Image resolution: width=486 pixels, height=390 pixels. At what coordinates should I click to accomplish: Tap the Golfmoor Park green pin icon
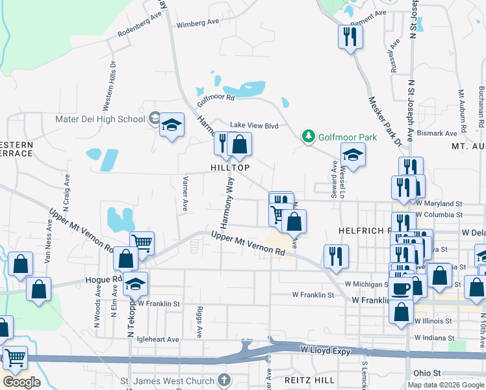[309, 137]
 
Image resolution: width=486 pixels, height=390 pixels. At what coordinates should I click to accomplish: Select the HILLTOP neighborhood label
[230, 167]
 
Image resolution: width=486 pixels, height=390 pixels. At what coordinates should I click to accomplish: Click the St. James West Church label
[168, 380]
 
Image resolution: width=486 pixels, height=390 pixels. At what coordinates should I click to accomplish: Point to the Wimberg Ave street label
[198, 23]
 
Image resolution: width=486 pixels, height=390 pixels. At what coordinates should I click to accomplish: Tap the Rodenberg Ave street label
[139, 25]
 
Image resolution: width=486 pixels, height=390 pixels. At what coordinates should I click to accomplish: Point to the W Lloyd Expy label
[325, 350]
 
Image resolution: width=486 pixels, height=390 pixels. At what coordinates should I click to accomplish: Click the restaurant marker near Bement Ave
[350, 36]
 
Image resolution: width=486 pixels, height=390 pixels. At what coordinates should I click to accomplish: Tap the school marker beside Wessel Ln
[353, 155]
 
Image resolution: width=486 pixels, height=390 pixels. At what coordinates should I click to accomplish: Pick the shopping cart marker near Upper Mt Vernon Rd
[142, 243]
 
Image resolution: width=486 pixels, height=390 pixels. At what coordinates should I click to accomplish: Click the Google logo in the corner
[21, 382]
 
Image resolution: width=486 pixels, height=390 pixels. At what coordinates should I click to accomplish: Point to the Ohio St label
[428, 373]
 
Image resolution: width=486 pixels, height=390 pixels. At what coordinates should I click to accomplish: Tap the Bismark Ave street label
[437, 133]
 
